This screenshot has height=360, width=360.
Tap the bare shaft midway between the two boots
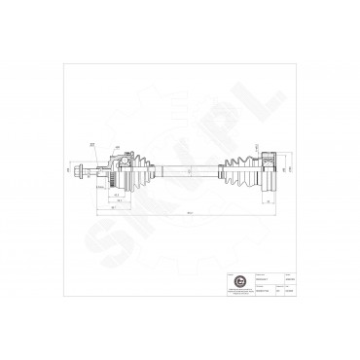tap(191, 171)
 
